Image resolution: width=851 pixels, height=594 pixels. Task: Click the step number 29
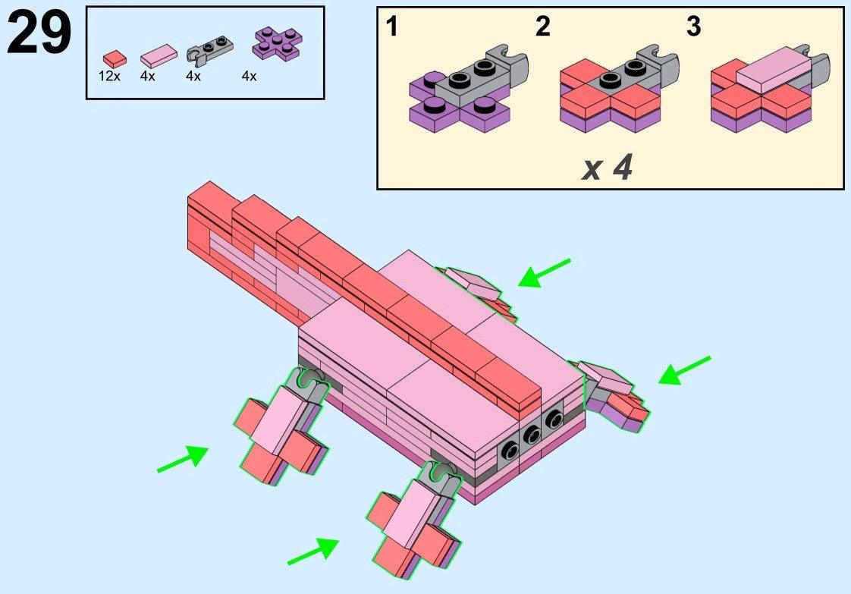(39, 33)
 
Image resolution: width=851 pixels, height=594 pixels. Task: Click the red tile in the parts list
(115, 58)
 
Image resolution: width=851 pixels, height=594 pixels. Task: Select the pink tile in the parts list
(159, 55)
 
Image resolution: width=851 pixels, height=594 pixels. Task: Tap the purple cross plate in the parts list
(278, 43)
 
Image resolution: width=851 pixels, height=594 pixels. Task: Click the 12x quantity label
(109, 76)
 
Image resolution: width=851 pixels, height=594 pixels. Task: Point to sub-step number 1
(392, 27)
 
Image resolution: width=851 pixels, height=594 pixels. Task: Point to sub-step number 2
(543, 27)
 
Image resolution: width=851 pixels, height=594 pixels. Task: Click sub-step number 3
(693, 27)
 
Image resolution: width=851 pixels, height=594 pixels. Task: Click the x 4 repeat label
(607, 168)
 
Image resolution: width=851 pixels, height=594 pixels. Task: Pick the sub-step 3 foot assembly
(770, 89)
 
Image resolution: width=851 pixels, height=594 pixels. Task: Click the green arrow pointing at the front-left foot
(183, 458)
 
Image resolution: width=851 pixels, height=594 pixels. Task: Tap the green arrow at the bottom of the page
(313, 551)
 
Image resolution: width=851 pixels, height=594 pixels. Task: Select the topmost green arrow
(545, 272)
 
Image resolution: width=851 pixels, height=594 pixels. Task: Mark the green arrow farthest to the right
(684, 370)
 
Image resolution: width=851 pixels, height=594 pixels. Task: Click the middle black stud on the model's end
(532, 435)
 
